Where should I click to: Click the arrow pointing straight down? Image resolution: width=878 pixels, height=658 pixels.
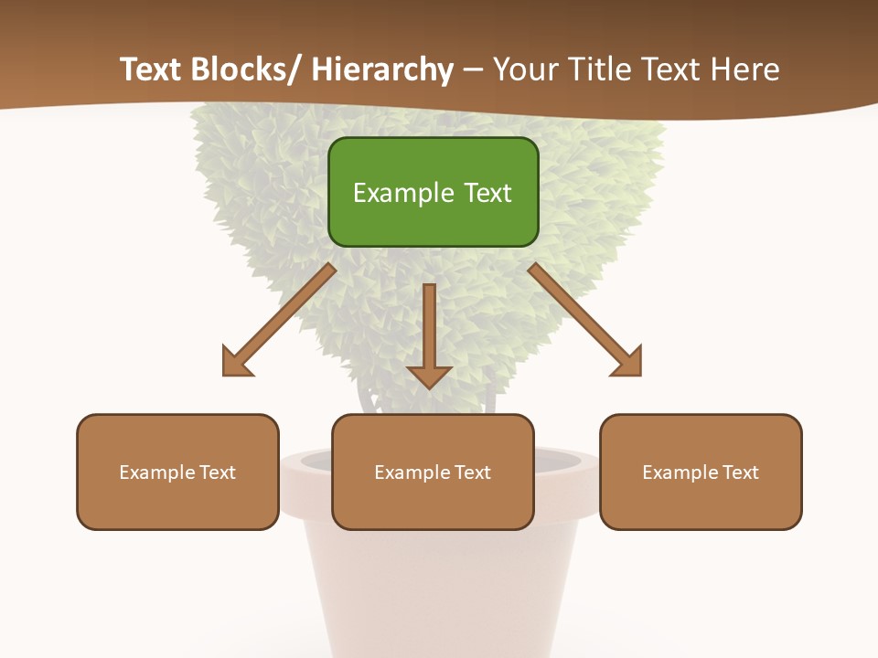tap(429, 334)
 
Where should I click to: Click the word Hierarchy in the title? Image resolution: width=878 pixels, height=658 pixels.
tap(382, 69)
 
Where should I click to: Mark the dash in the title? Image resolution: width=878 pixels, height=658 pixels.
tap(473, 70)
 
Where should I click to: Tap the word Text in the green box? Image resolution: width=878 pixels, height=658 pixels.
tap(487, 193)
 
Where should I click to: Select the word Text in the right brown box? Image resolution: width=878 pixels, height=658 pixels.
tap(740, 472)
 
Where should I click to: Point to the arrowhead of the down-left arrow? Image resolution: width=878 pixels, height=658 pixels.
tap(236, 362)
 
